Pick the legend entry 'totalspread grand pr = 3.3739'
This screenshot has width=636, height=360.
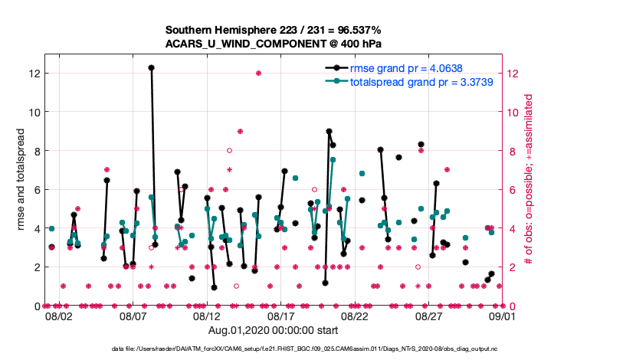click(x=421, y=80)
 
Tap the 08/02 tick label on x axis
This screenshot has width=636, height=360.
click(x=59, y=316)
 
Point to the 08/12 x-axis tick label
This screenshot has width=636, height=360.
click(x=207, y=316)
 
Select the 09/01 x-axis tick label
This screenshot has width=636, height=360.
click(x=502, y=316)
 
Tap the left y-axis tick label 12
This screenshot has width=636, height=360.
click(x=33, y=74)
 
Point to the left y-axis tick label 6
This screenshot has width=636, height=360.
click(x=35, y=190)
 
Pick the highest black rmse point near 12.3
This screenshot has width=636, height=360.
click(x=152, y=67)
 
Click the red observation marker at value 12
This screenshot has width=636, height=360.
click(x=258, y=74)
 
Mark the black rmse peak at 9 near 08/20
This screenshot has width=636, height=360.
click(x=329, y=131)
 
